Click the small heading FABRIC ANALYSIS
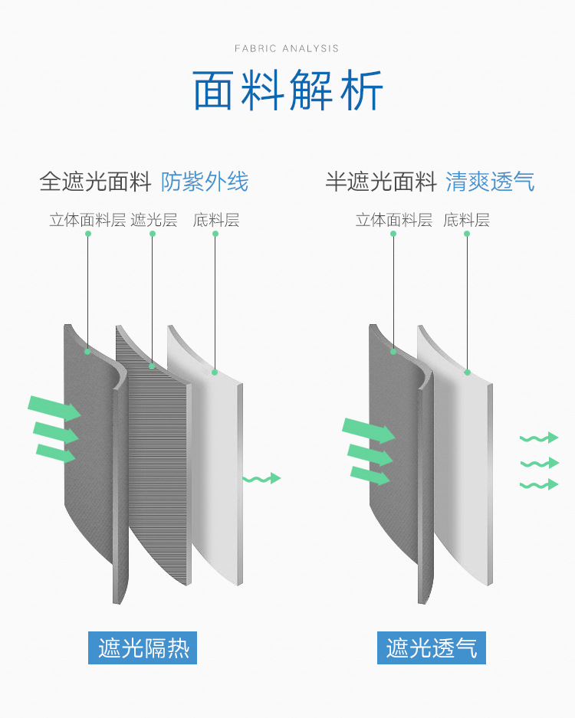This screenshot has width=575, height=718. (x=287, y=48)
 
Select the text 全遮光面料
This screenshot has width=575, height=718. (x=96, y=182)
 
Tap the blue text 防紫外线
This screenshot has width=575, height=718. (x=205, y=182)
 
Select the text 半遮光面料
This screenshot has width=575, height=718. (x=381, y=182)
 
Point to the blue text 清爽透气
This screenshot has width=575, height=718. (x=491, y=182)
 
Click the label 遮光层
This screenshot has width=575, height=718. (x=153, y=221)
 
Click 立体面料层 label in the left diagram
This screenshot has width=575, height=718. (x=87, y=221)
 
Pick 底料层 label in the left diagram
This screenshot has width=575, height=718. (x=216, y=221)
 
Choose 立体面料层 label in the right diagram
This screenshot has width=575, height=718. (x=393, y=221)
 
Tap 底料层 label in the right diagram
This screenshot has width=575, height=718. (x=466, y=221)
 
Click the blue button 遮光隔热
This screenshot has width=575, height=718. (x=143, y=648)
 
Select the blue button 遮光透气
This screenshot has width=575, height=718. (x=432, y=648)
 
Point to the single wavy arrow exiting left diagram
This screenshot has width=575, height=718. (x=261, y=479)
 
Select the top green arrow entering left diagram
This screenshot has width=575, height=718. (x=54, y=407)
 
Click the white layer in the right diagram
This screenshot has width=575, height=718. (x=460, y=460)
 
